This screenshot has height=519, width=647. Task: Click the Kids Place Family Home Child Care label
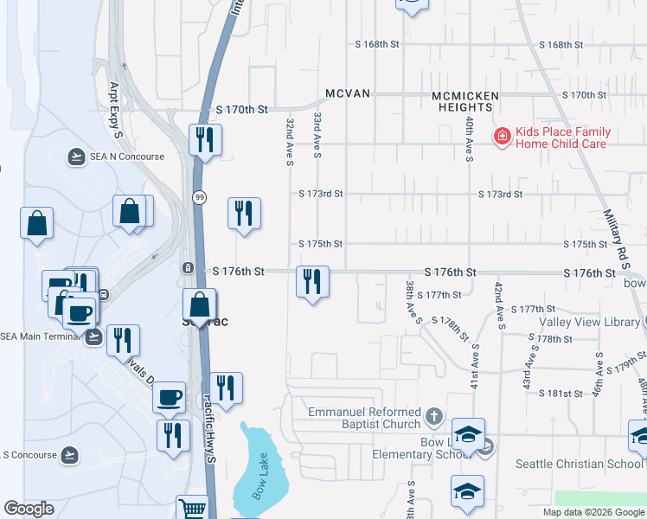(561, 138)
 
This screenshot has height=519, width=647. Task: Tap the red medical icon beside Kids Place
(501, 137)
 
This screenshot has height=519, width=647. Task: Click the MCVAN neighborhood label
(348, 93)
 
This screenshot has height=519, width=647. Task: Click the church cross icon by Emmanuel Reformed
(434, 419)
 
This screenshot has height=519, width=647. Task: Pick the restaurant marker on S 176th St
(312, 281)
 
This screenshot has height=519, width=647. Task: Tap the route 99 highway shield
(198, 197)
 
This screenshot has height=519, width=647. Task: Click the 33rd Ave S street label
(318, 134)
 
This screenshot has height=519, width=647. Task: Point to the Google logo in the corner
(29, 509)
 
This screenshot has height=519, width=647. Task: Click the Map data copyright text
(593, 512)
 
